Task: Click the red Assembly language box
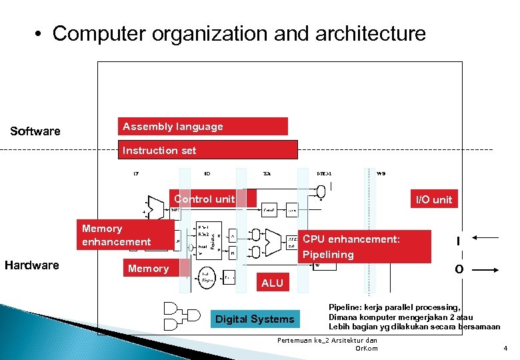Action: (x=203, y=127)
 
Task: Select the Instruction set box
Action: (x=209, y=150)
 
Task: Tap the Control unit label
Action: (x=205, y=199)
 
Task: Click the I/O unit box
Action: (x=433, y=199)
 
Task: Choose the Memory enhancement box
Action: (x=117, y=235)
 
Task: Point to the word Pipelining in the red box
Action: (x=328, y=255)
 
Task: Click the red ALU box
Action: (x=272, y=283)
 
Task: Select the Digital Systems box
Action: (x=254, y=319)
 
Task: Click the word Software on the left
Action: (x=35, y=131)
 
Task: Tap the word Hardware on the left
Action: (x=32, y=265)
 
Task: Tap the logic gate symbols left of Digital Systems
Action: (x=181, y=317)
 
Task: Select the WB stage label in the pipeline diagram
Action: (x=381, y=173)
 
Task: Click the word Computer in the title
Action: (x=95, y=34)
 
